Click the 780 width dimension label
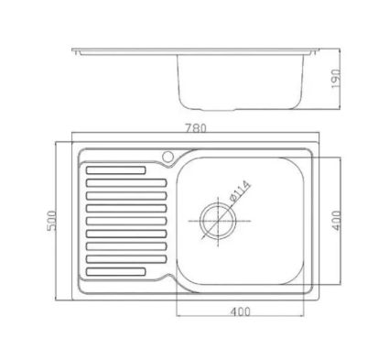[x=195, y=128]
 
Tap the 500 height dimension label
[x=52, y=221]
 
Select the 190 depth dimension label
[x=336, y=79]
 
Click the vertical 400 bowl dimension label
[x=336, y=220]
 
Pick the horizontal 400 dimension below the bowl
[x=241, y=311]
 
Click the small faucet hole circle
[x=167, y=157]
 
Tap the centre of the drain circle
[x=218, y=221]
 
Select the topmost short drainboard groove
[x=116, y=170]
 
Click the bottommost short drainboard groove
[x=116, y=271]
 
